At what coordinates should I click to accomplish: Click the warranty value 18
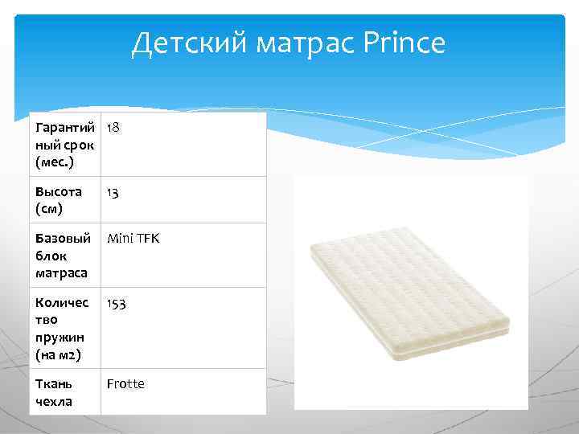click(114, 128)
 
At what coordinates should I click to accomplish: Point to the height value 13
click(114, 191)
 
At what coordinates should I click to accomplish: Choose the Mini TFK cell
click(133, 238)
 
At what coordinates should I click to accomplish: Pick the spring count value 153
click(117, 303)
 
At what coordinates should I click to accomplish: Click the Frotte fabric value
click(126, 383)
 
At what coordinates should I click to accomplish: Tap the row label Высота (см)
click(59, 199)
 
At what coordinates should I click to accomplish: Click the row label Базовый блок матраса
click(63, 256)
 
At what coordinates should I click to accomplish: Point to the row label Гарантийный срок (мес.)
click(65, 145)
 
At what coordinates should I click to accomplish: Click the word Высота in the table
click(59, 191)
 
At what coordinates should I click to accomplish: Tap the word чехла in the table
click(54, 401)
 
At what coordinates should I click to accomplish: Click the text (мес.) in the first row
click(54, 162)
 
